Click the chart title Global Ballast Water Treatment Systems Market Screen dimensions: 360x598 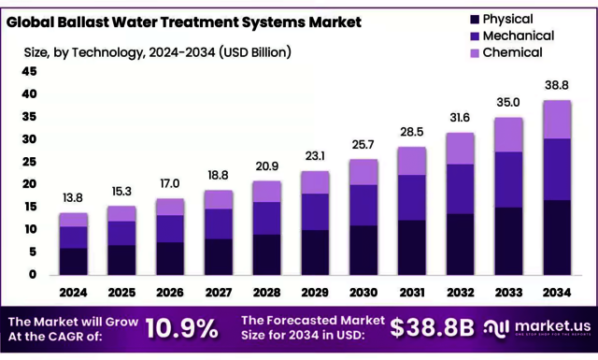184,22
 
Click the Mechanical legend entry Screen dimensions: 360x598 520,36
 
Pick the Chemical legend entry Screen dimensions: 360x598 514,52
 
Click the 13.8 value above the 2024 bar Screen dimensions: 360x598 73,198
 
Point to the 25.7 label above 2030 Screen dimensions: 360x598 363,144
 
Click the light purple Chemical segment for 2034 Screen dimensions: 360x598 557,119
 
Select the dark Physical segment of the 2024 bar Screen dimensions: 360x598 73,261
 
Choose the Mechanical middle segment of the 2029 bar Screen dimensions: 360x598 315,211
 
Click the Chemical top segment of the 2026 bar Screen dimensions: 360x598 170,207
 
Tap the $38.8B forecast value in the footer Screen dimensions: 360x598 432,328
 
